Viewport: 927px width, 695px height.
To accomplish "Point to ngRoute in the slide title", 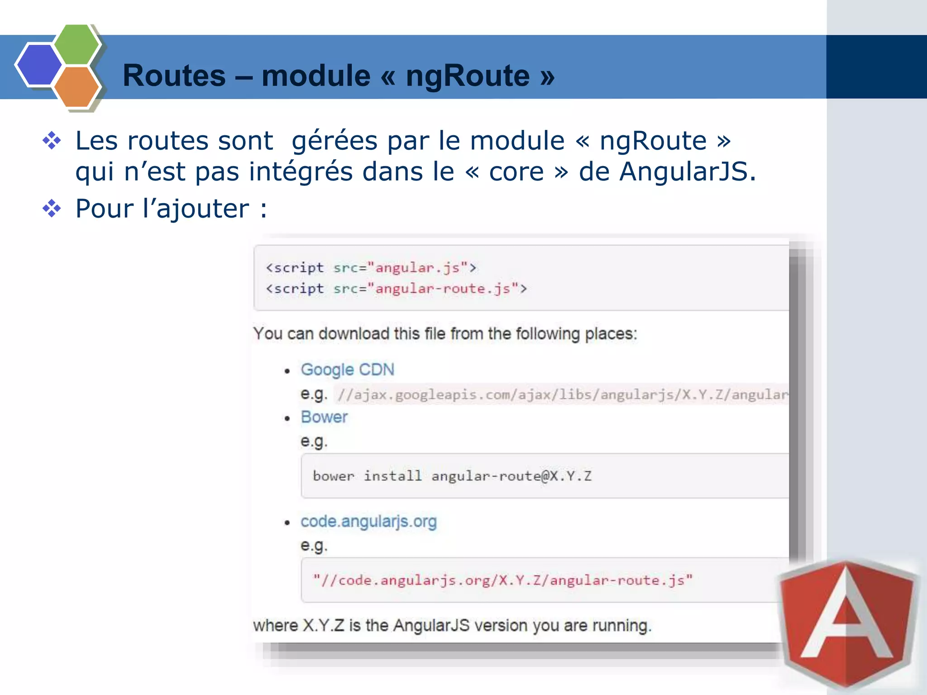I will pyautogui.click(x=468, y=76).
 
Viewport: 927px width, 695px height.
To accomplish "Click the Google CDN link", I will pyautogui.click(x=347, y=370).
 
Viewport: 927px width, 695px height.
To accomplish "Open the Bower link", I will pyautogui.click(x=324, y=417).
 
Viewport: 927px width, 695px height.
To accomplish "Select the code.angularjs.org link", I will pyautogui.click(x=368, y=522).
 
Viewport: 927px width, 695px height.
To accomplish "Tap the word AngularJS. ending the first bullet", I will pyautogui.click(x=688, y=172).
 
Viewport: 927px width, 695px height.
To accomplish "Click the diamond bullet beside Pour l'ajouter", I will pyautogui.click(x=52, y=209).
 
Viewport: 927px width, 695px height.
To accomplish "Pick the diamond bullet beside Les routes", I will pyautogui.click(x=52, y=141).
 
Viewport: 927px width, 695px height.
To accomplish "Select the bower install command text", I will pyautogui.click(x=452, y=476).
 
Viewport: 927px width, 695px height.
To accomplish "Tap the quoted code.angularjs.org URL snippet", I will pyautogui.click(x=502, y=581).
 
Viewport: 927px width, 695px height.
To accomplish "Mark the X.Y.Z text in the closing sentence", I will pyautogui.click(x=323, y=626).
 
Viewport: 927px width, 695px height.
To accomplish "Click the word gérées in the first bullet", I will pyautogui.click(x=334, y=141).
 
